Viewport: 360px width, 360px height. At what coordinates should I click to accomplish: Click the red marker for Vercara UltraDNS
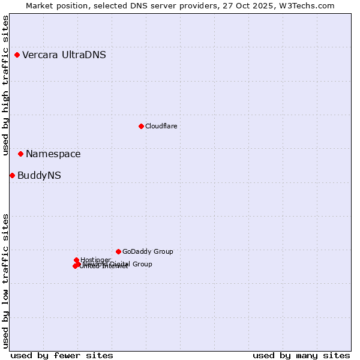click(x=17, y=55)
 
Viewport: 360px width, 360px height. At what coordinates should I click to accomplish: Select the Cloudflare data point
click(x=141, y=126)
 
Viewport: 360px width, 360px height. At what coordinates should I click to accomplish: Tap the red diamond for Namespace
click(x=20, y=154)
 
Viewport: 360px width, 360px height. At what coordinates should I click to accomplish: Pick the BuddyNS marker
click(x=12, y=175)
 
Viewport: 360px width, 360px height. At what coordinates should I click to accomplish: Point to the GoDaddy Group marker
click(x=118, y=251)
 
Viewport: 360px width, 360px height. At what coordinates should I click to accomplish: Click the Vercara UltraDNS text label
click(x=64, y=55)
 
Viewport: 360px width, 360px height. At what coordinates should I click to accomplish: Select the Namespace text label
click(x=53, y=154)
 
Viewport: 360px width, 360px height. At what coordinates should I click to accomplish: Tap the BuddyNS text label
click(x=39, y=176)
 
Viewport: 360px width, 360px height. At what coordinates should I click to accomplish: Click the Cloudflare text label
click(x=161, y=126)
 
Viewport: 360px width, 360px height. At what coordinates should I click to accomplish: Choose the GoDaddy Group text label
click(x=148, y=251)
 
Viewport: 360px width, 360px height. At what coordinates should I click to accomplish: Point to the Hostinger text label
click(x=95, y=260)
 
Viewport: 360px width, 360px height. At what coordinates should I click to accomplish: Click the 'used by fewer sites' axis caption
click(x=62, y=355)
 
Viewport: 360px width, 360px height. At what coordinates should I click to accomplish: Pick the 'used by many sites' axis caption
click(x=301, y=355)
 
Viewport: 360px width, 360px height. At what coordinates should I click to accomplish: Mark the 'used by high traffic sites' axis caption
click(x=6, y=85)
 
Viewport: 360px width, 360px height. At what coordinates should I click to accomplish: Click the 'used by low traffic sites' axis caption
click(x=6, y=281)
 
